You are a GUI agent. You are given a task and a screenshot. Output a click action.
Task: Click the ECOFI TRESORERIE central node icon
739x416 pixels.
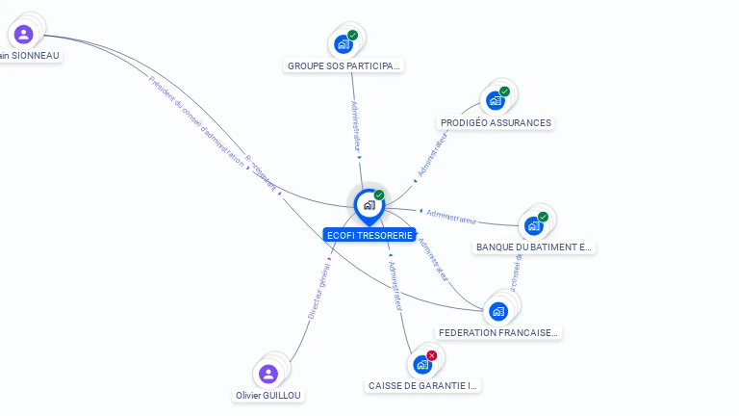pyautogui.click(x=369, y=205)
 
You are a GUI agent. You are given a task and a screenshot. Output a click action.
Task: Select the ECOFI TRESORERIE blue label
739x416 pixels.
pyautogui.click(x=369, y=235)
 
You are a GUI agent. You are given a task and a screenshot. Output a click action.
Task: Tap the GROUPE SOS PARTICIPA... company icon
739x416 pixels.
pyautogui.click(x=344, y=43)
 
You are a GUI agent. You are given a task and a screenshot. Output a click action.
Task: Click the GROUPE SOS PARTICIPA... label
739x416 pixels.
pyautogui.click(x=344, y=66)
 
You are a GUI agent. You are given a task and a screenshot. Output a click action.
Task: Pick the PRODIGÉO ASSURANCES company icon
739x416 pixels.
pyautogui.click(x=496, y=100)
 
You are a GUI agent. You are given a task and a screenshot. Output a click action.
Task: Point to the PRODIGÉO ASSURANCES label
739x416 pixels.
pyautogui.click(x=496, y=123)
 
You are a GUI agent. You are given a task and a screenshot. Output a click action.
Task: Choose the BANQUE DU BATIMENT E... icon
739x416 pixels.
pyautogui.click(x=534, y=225)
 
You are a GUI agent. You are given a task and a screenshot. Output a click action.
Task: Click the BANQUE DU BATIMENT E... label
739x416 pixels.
pyautogui.click(x=535, y=247)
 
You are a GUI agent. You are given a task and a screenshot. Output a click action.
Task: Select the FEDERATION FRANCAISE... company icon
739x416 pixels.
pyautogui.click(x=498, y=310)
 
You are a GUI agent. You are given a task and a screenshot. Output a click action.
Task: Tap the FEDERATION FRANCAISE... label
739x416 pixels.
pyautogui.click(x=498, y=333)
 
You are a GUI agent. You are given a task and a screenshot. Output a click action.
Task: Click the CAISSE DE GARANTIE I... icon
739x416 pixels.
pyautogui.click(x=421, y=364)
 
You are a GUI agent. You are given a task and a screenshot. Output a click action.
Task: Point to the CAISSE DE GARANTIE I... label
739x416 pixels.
pyautogui.click(x=423, y=386)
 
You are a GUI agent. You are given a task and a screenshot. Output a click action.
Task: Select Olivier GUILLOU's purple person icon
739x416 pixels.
pyautogui.click(x=268, y=374)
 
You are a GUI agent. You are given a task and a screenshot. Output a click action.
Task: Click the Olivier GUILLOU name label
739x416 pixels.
pyautogui.click(x=269, y=396)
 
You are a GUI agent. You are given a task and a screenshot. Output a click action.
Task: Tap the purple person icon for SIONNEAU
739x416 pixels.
pyautogui.click(x=24, y=35)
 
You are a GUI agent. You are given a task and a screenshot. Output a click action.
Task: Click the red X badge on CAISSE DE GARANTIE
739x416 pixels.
pyautogui.click(x=432, y=355)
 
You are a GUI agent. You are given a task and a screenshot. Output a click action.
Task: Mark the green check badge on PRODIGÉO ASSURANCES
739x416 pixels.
pyautogui.click(x=504, y=92)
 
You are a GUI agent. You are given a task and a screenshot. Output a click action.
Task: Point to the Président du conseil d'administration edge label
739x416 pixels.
pyautogui.click(x=196, y=120)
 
